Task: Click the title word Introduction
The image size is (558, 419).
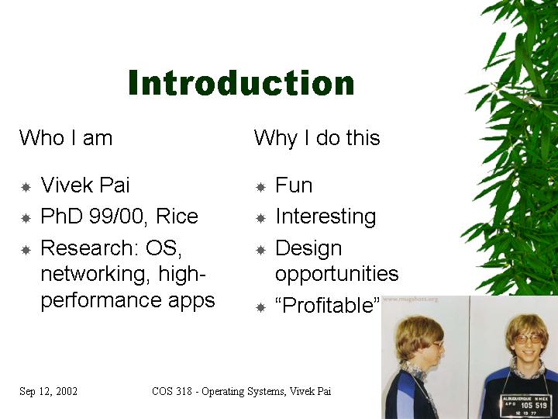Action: click(241, 83)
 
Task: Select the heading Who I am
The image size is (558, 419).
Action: click(66, 137)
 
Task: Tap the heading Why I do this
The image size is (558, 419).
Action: click(317, 138)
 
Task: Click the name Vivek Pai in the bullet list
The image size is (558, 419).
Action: click(85, 185)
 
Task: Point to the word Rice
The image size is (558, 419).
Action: click(177, 216)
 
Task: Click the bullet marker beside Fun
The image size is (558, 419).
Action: click(261, 187)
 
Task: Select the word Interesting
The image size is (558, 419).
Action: click(325, 217)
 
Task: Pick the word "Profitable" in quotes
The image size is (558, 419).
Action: click(327, 305)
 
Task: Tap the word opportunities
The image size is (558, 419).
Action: click(336, 275)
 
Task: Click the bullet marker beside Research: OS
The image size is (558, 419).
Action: click(26, 250)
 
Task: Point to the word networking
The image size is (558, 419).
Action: click(94, 275)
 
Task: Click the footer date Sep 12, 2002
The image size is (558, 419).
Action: click(48, 391)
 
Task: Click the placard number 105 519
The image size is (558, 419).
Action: click(533, 406)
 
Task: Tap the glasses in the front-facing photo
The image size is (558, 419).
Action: click(528, 339)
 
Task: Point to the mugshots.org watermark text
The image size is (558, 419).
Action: click(410, 299)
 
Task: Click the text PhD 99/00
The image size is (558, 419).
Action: click(92, 216)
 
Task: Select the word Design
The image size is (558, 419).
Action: click(308, 248)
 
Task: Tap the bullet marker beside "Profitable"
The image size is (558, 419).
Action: click(261, 307)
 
